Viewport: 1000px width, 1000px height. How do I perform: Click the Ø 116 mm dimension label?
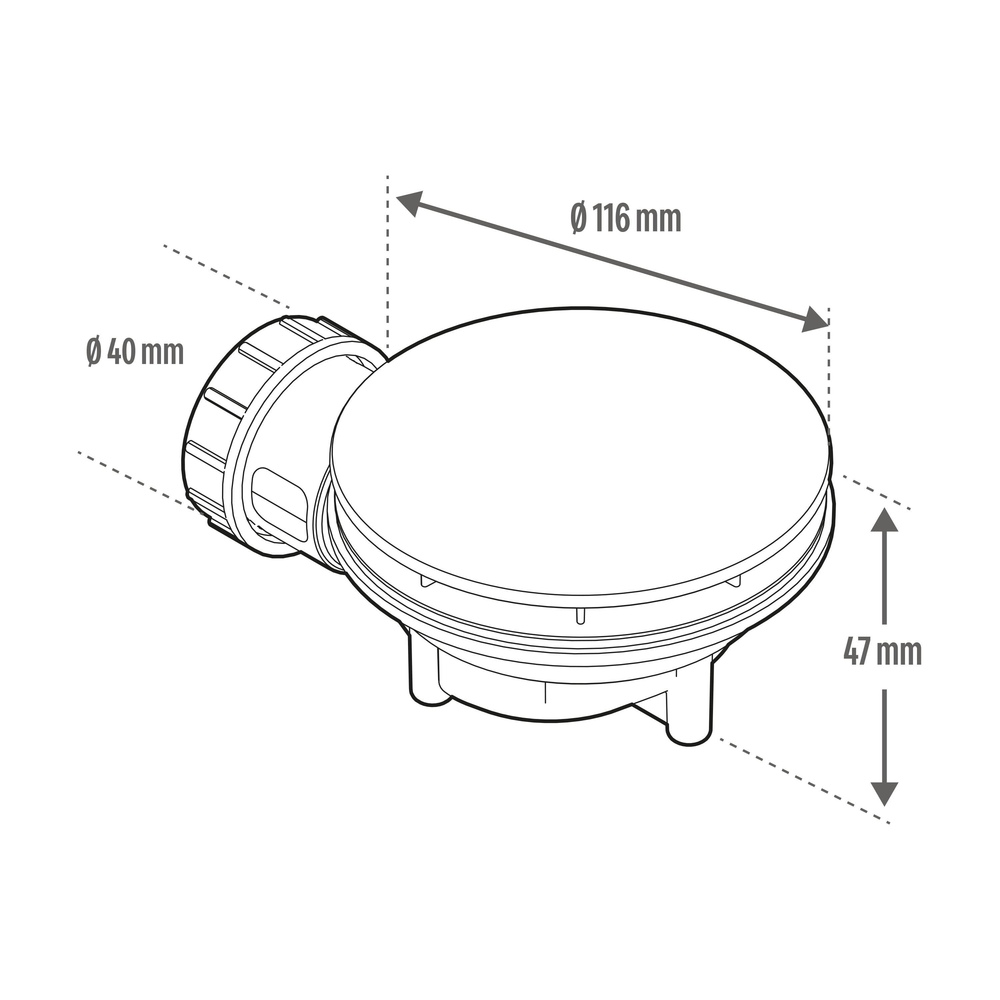[x=626, y=218]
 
